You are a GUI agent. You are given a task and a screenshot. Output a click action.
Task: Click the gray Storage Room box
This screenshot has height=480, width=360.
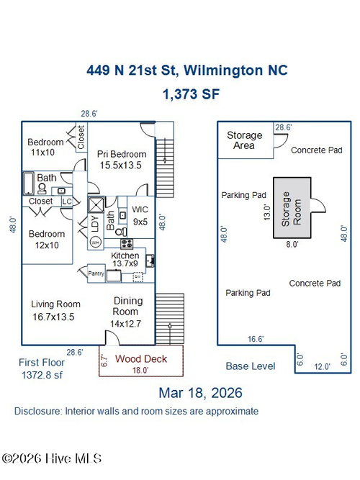(x=292, y=208)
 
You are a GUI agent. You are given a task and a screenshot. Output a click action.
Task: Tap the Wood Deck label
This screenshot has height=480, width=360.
(x=141, y=359)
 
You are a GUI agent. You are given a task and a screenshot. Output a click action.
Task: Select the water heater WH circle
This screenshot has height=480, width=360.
(x=95, y=243)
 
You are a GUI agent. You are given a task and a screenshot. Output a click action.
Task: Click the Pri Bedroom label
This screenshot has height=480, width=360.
(x=122, y=154)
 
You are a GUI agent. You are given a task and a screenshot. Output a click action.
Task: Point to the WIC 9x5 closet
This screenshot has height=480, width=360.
(x=140, y=215)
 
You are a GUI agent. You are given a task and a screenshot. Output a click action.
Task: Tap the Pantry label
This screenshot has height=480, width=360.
(x=96, y=273)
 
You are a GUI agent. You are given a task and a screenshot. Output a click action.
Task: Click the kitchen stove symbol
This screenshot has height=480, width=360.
(x=127, y=244)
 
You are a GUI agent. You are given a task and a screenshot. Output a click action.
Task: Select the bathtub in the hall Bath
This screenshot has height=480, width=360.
(x=29, y=183)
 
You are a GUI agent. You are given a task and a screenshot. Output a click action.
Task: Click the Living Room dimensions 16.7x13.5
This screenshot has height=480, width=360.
(x=53, y=317)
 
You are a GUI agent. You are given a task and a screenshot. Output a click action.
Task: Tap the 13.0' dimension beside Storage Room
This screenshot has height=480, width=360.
(x=267, y=213)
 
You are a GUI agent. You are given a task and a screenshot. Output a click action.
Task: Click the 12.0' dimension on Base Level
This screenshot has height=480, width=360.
(x=322, y=367)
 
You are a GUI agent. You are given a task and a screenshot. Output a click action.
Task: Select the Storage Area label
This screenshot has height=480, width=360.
(x=245, y=140)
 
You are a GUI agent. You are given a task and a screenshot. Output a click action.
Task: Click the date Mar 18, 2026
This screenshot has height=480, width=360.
(x=201, y=393)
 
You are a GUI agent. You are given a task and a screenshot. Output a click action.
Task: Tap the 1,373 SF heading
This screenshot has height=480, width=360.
(x=192, y=94)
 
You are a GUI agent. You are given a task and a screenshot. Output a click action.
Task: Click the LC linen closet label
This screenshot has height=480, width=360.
(x=67, y=201)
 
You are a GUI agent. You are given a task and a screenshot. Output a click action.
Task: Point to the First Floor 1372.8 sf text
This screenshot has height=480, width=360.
(x=42, y=368)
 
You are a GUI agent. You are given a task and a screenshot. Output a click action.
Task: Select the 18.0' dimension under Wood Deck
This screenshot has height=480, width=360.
(x=140, y=371)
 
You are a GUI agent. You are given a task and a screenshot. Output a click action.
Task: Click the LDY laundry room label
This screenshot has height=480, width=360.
(x=95, y=224)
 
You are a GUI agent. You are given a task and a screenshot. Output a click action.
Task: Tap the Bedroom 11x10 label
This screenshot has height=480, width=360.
(x=45, y=147)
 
